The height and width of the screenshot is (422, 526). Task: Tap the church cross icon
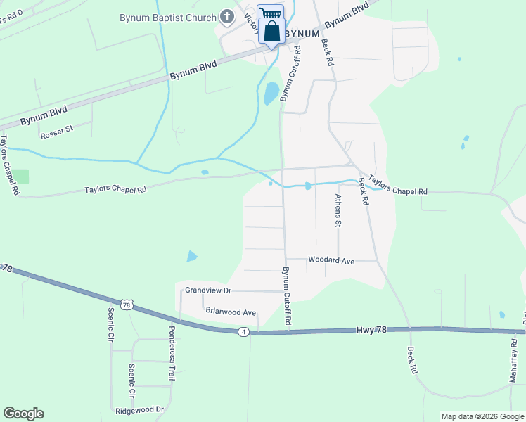227,15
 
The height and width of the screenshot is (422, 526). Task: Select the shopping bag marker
271,32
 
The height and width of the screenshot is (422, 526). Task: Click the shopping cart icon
270,13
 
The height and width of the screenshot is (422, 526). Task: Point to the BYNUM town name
303,33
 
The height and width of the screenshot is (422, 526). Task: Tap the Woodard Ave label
331,260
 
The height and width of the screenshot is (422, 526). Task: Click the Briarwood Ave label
231,312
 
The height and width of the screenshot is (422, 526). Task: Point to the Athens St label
338,211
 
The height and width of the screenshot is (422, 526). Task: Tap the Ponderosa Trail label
170,353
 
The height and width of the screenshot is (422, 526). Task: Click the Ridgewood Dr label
139,409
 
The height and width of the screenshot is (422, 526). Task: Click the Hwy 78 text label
371,329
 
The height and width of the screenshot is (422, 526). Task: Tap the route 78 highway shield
127,305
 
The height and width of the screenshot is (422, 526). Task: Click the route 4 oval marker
243,332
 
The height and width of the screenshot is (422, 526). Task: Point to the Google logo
23,414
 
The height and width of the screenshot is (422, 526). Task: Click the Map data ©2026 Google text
482,416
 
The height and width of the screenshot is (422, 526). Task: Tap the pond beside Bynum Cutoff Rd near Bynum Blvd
271,93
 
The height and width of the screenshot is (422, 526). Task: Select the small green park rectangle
23,177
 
